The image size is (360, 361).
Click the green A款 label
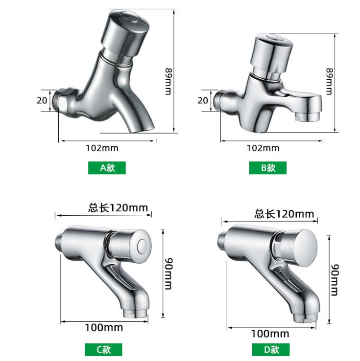(x=107, y=168)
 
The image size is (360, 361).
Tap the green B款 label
(x=268, y=168)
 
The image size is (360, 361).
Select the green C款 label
(x=103, y=350)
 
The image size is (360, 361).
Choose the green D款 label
(x=271, y=350)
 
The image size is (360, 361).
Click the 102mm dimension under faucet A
(x=102, y=148)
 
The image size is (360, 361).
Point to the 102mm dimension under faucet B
(x=263, y=148)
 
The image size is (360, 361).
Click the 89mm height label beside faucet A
(x=168, y=81)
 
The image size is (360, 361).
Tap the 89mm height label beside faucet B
(x=329, y=81)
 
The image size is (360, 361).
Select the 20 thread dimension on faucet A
(x=42, y=100)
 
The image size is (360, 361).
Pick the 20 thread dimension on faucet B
(x=203, y=100)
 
